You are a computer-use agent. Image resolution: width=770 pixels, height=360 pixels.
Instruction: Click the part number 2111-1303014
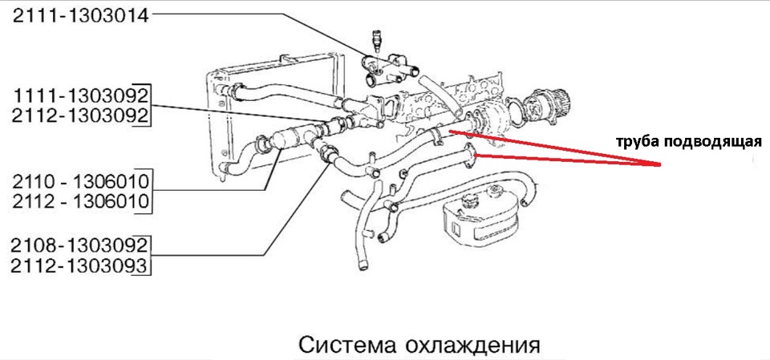coord(80,15)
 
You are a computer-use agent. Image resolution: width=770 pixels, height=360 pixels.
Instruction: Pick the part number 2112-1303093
coord(80,265)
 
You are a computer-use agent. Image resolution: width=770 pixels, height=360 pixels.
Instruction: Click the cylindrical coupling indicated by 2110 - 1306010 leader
coord(290,141)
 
